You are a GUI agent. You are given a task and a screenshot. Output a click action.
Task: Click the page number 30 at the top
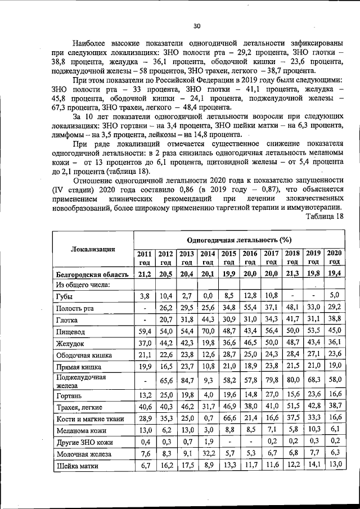(196, 26)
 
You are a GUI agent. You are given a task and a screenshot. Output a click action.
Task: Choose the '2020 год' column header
(334, 258)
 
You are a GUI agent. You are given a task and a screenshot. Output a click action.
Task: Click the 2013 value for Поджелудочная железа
(187, 380)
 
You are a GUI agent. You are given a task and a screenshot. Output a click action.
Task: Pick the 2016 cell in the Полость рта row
(250, 308)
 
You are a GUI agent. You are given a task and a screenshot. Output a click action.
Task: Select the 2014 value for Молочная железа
(208, 453)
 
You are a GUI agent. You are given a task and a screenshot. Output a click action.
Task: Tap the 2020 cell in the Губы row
(334, 295)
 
